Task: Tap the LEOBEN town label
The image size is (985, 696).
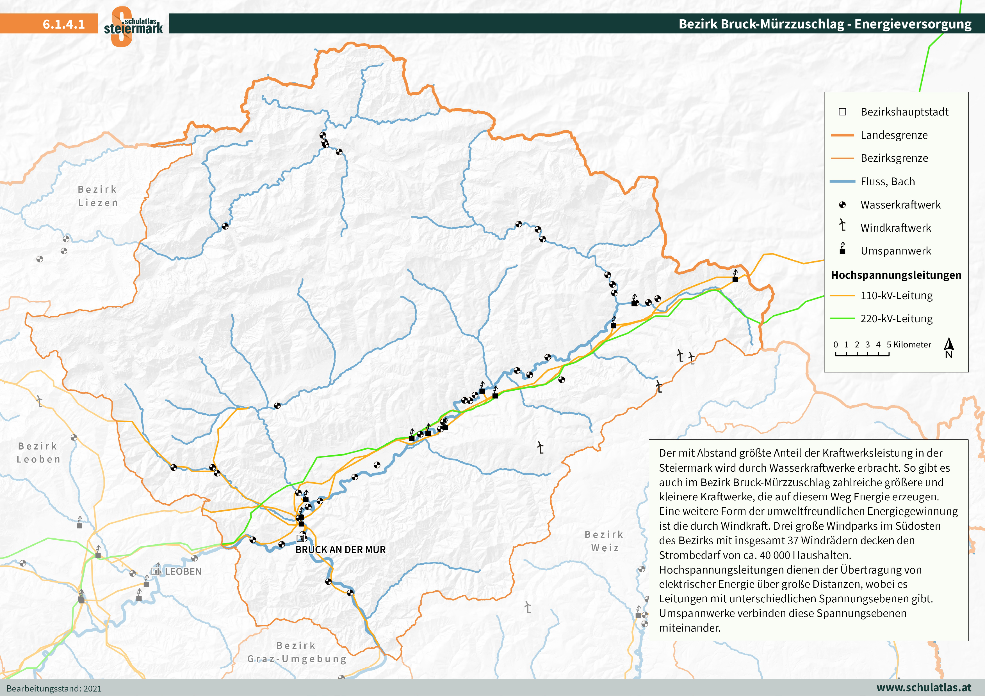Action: coord(183,571)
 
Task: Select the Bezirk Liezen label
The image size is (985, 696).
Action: coord(98,196)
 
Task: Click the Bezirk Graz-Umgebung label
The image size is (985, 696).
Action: coord(297,652)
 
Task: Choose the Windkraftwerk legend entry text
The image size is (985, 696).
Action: coord(895,228)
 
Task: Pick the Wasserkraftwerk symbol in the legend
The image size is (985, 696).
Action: coord(842,205)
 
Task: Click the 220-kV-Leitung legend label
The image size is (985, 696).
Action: coord(896,319)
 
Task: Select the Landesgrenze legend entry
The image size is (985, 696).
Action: coord(894,135)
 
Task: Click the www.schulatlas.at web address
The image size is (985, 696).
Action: coord(924,687)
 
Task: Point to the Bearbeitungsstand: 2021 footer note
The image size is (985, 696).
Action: coord(54,688)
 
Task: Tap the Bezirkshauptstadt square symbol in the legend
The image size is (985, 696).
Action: coord(842,112)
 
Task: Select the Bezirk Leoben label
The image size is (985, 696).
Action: coord(38,453)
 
